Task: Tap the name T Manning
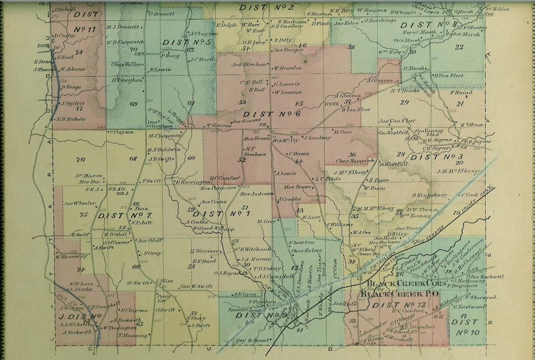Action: tap(130, 335)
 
